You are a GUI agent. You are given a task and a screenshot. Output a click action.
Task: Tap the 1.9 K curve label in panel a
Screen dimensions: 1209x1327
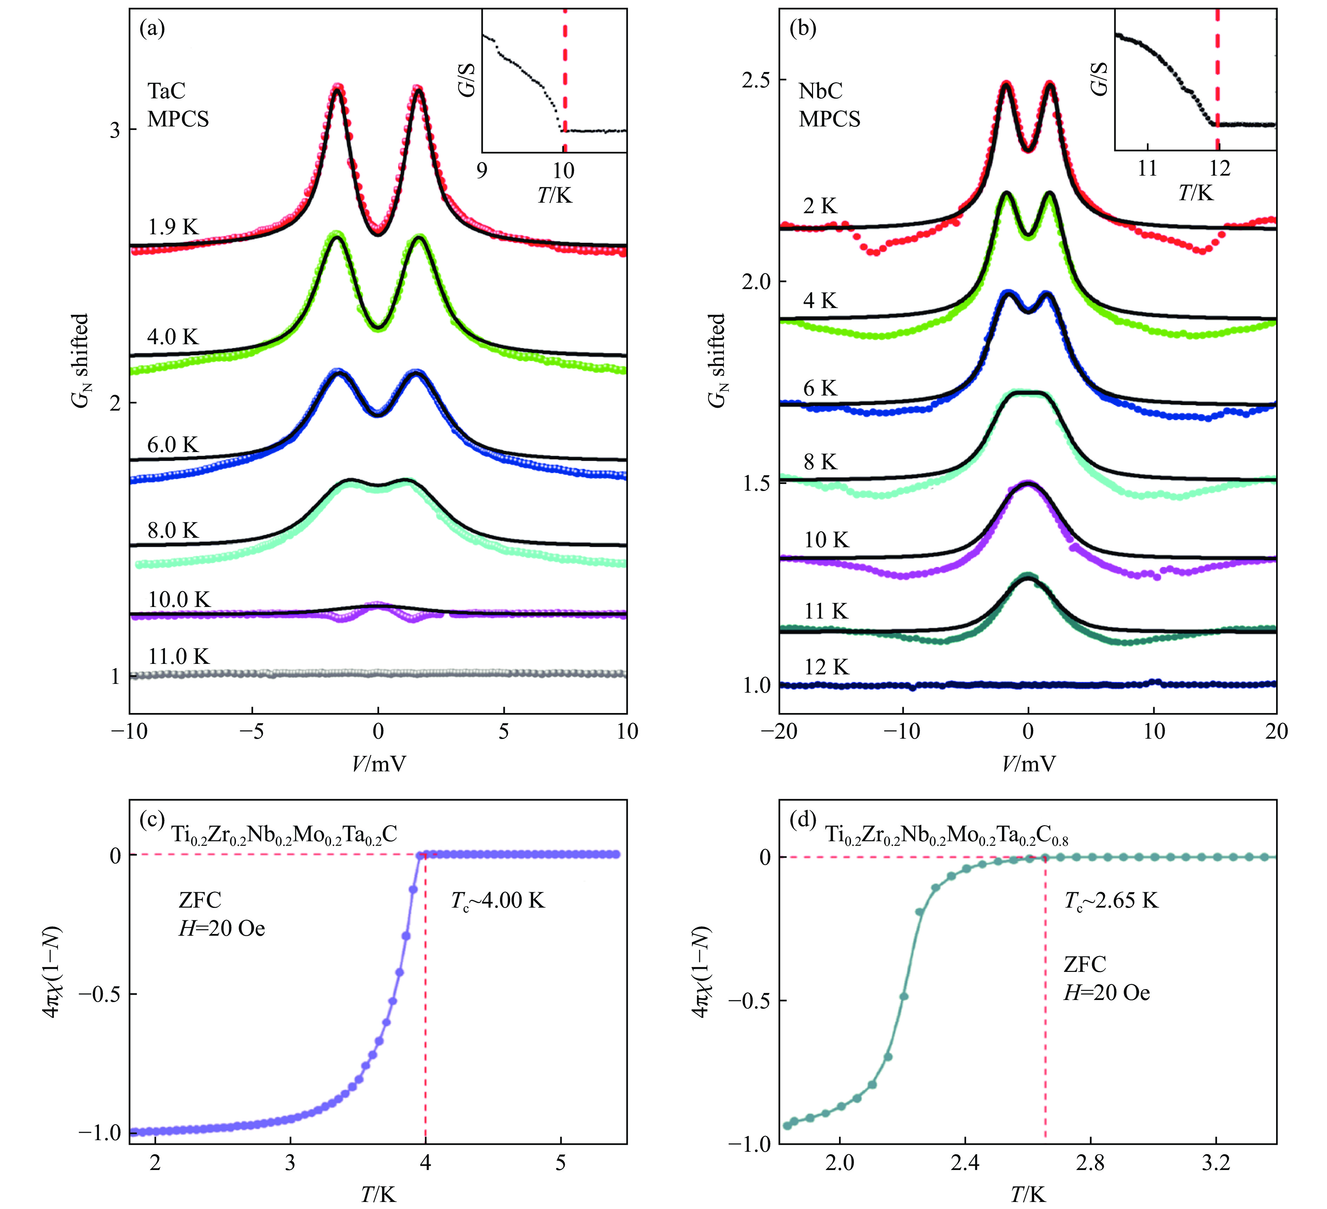coord(172,227)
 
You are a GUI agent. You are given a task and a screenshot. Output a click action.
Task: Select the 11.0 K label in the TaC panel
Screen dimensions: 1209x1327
coord(178,656)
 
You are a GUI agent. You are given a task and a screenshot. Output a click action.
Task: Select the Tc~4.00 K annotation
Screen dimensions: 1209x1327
coord(498,900)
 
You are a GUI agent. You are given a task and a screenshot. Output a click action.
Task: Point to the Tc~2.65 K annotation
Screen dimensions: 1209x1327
coord(1111,900)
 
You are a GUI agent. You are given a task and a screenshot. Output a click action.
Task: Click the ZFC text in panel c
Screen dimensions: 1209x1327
coord(200,900)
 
